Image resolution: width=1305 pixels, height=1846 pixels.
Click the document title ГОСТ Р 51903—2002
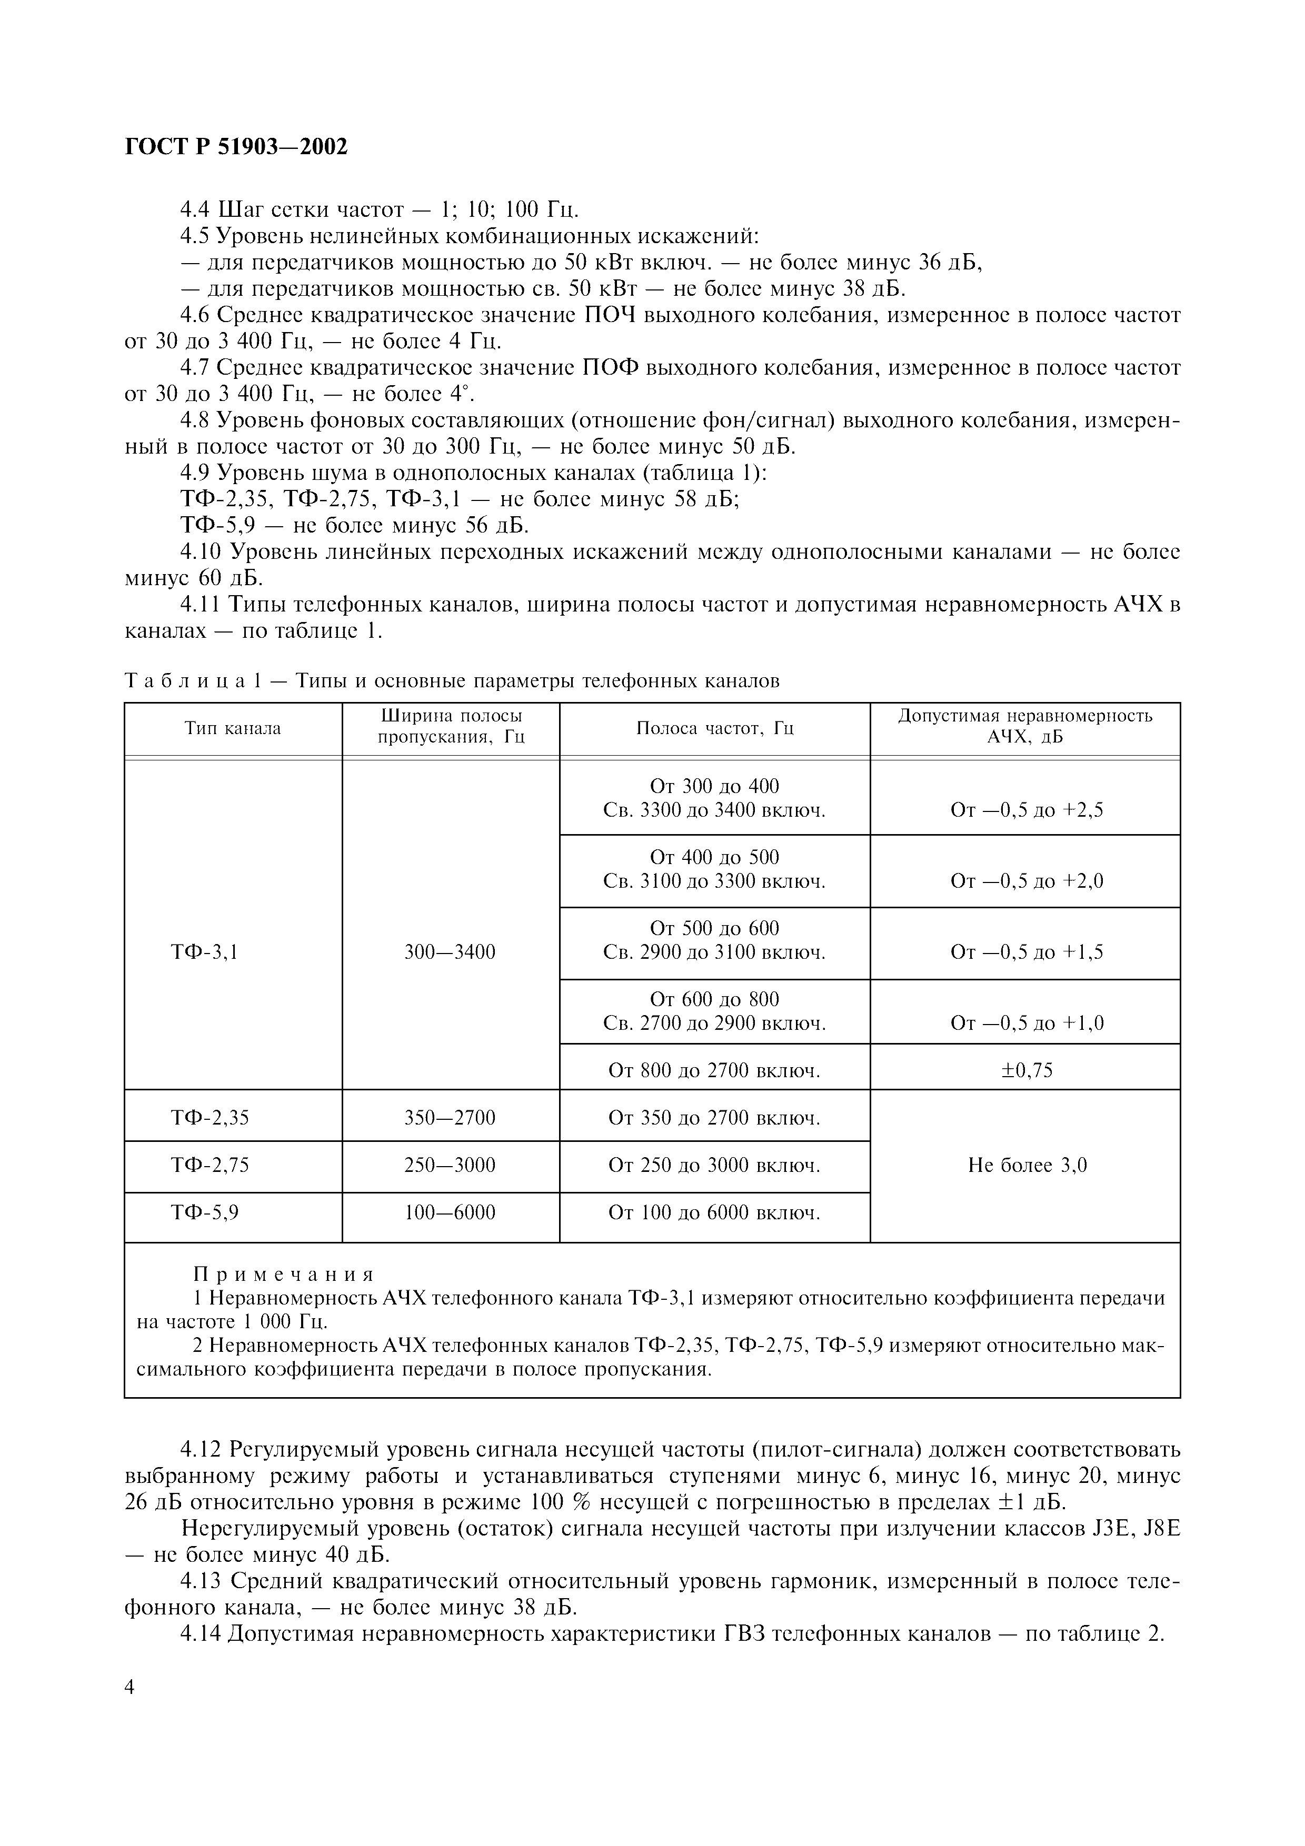[x=236, y=148]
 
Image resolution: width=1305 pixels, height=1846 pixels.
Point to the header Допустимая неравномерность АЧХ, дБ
[x=1024, y=726]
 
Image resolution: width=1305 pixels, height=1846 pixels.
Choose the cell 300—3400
[x=450, y=953]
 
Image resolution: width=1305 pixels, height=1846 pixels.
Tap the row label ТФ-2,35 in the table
[x=209, y=1118]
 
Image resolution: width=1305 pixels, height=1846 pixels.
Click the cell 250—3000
[x=450, y=1165]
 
